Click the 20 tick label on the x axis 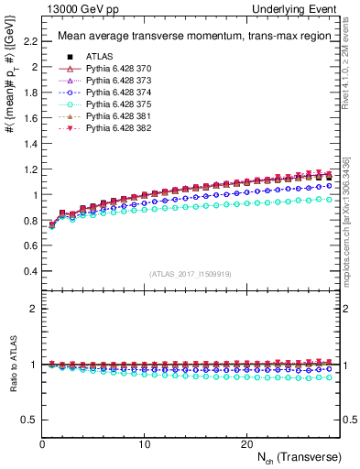point(246,443)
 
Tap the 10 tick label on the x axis point(145,443)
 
